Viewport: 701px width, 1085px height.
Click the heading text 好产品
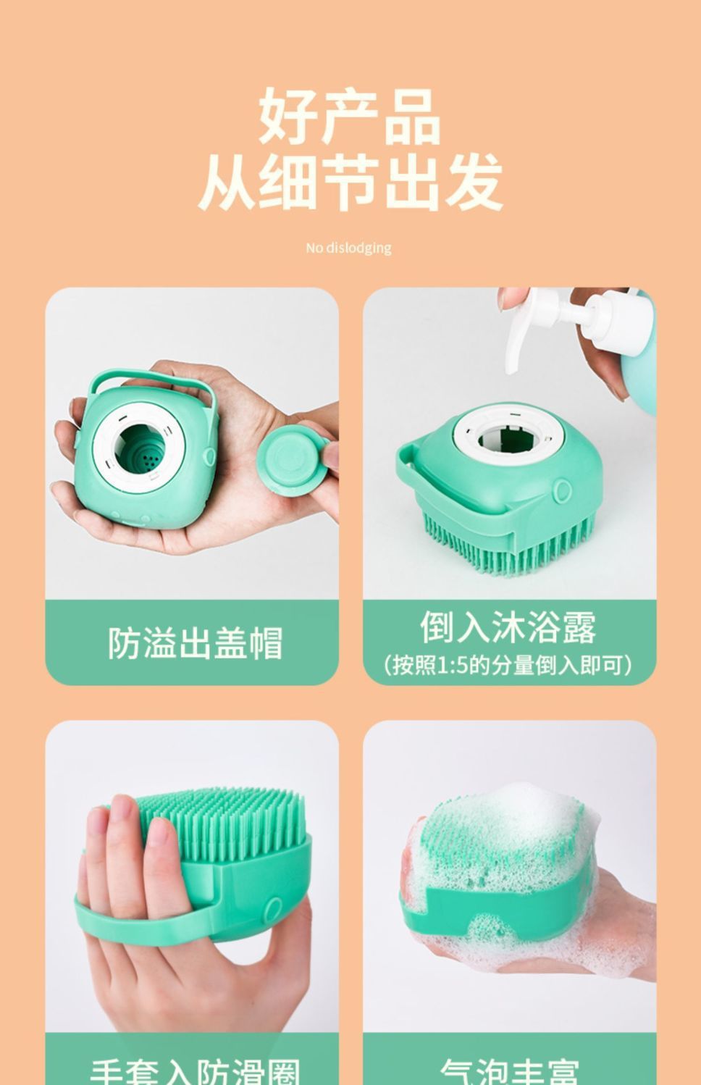click(x=350, y=116)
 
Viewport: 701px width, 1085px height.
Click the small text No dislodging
click(x=348, y=248)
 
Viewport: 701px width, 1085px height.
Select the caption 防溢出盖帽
click(x=194, y=642)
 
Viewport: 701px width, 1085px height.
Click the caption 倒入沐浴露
click(x=508, y=627)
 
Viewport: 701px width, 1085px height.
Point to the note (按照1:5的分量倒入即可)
click(x=508, y=664)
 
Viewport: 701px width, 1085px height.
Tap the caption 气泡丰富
click(x=509, y=1071)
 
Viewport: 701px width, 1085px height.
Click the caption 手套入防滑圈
click(x=194, y=1071)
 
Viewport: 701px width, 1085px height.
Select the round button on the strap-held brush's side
click(x=274, y=908)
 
